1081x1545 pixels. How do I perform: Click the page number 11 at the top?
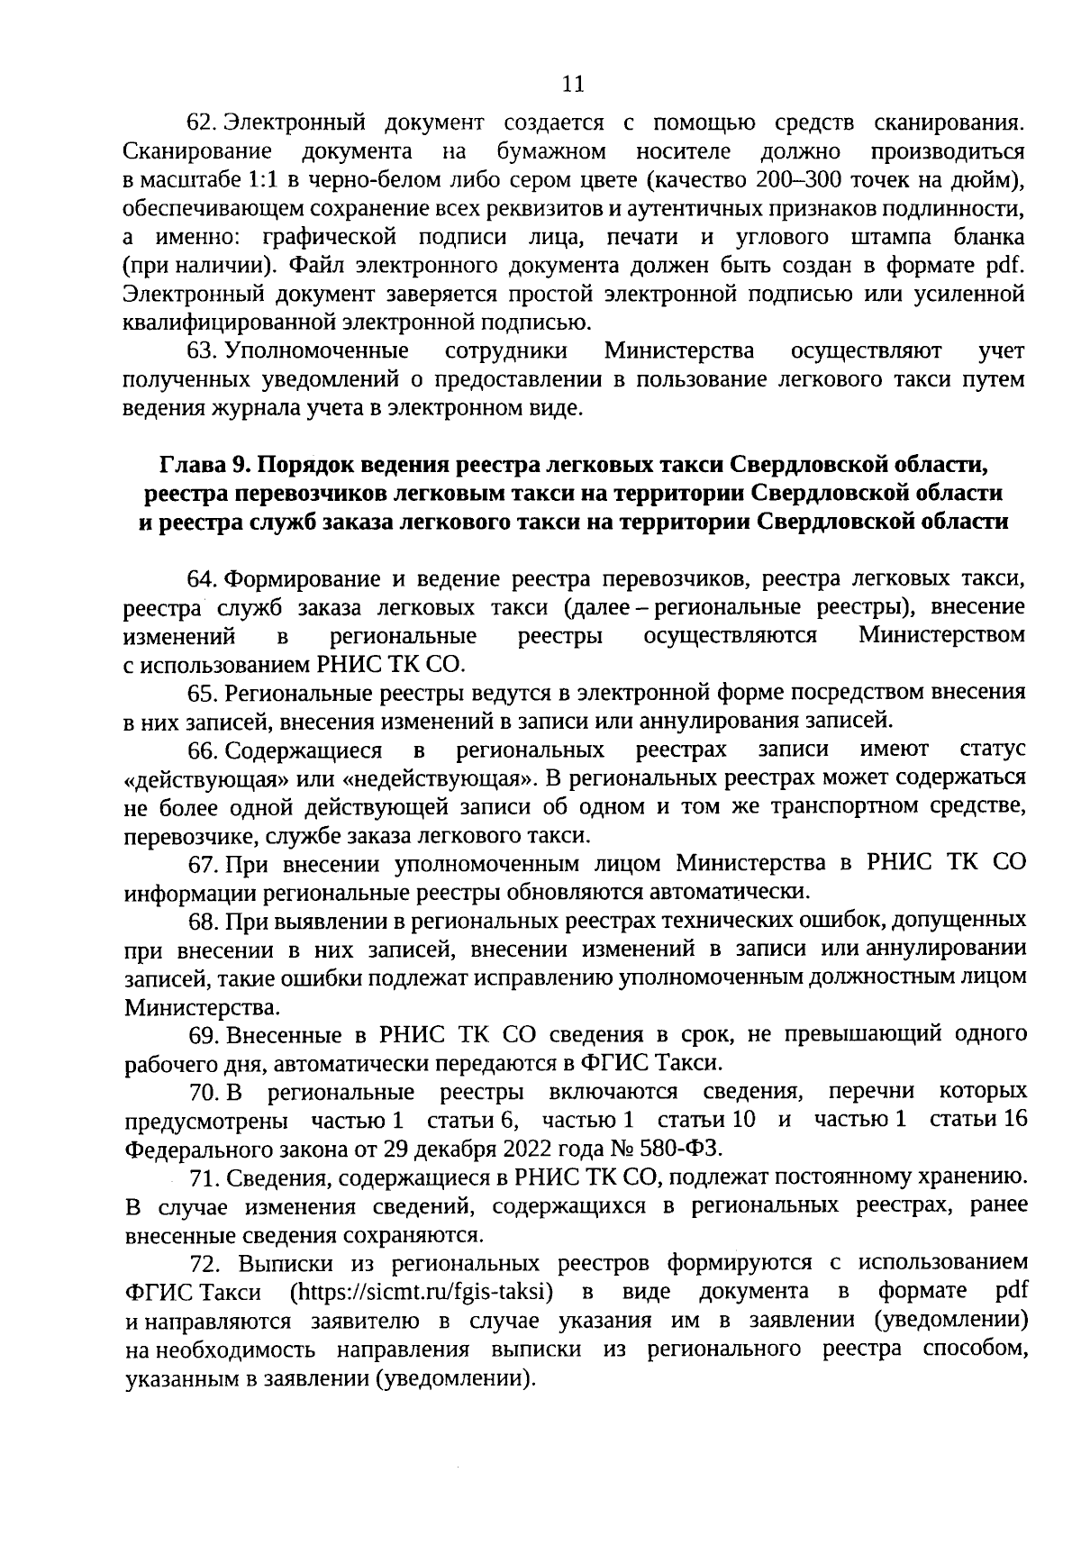[x=573, y=84]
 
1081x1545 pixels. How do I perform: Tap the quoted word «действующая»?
[x=204, y=778]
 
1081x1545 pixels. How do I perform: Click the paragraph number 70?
[x=203, y=1093]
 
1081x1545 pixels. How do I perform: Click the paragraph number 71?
[x=203, y=1178]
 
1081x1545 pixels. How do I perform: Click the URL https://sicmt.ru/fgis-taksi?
[x=421, y=1293]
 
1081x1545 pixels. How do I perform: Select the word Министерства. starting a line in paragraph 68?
[x=201, y=1006]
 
